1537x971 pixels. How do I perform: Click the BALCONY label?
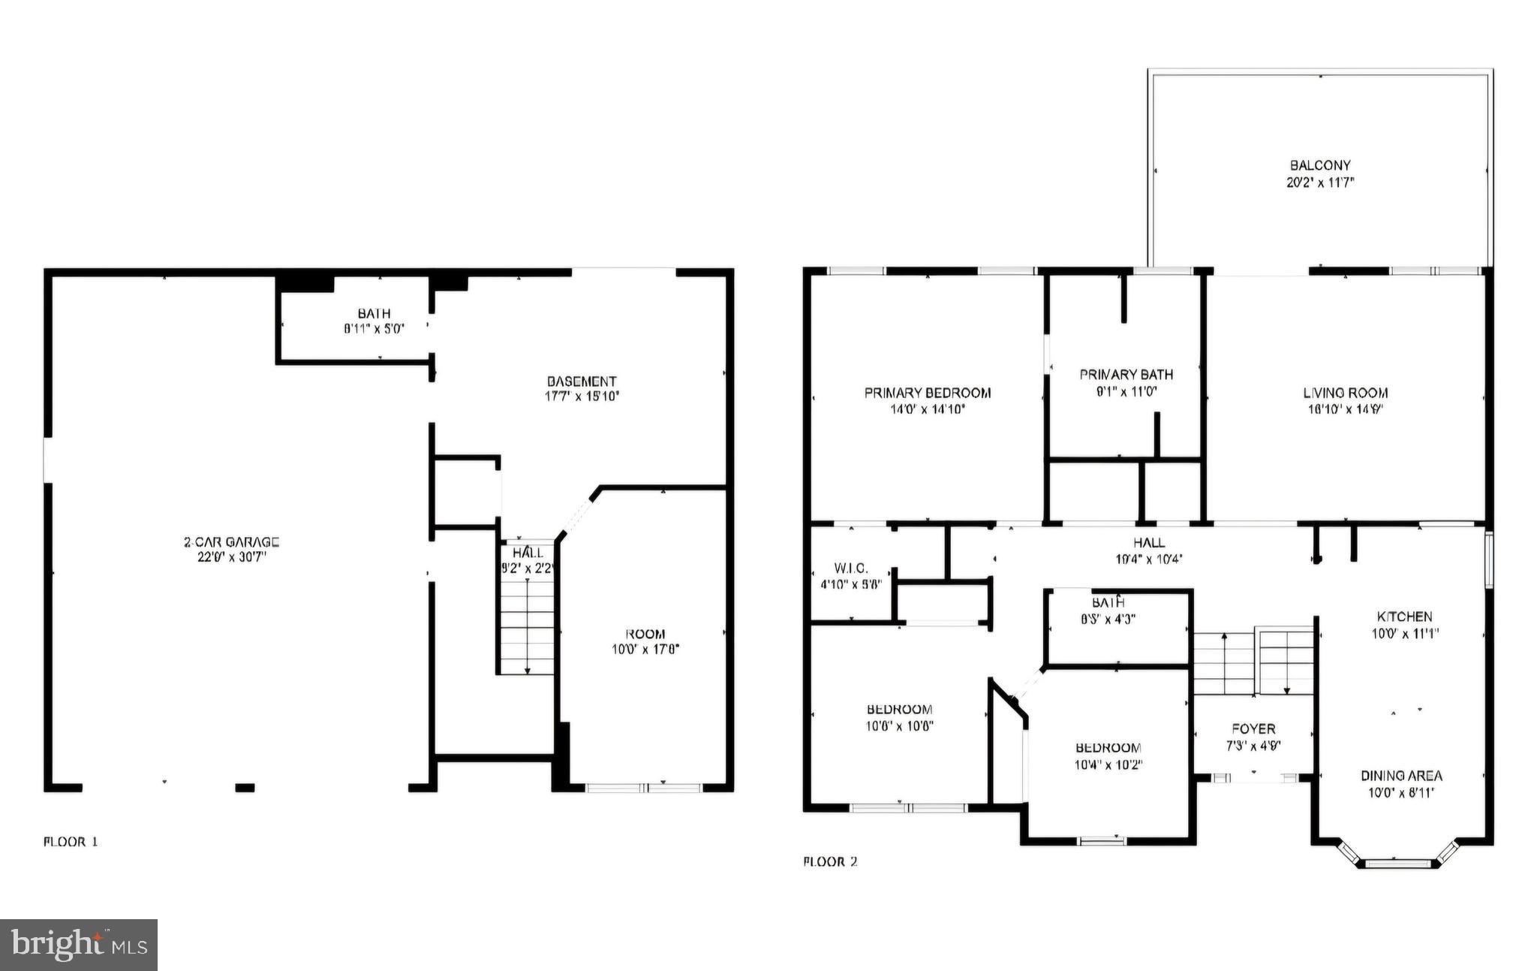[1320, 165]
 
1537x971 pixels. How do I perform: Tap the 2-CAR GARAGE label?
[231, 541]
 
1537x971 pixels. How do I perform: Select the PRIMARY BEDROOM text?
[927, 393]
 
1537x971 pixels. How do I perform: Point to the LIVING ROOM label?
[1345, 393]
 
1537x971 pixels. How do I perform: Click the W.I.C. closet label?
[850, 568]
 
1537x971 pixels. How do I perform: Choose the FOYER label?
[1253, 728]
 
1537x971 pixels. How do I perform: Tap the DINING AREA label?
[1401, 776]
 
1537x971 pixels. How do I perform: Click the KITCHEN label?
[1404, 617]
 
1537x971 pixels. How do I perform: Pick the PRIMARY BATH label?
[1126, 374]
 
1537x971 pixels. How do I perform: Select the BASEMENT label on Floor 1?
[581, 381]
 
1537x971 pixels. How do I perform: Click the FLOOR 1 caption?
[71, 842]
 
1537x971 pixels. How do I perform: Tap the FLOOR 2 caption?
[830, 861]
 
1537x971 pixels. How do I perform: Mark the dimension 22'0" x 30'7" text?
[231, 557]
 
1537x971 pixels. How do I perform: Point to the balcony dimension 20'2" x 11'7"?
[1320, 182]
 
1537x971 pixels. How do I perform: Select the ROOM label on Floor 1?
[645, 634]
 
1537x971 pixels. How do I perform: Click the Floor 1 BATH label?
[374, 313]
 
